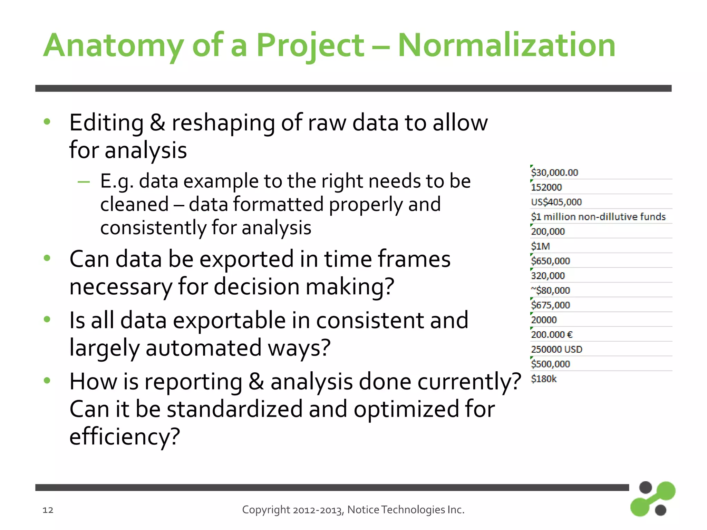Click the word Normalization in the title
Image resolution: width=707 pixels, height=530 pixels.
pyautogui.click(x=506, y=45)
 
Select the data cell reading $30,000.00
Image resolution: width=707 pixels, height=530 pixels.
pyautogui.click(x=554, y=172)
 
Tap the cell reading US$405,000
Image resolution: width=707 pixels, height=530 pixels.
pyautogui.click(x=556, y=202)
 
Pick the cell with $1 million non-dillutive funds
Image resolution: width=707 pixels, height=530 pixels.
pyautogui.click(x=598, y=217)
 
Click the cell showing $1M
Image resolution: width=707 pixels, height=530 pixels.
pyautogui.click(x=540, y=246)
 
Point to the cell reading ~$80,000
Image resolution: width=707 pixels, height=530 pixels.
pyautogui.click(x=550, y=290)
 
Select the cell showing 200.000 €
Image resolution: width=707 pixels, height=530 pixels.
pyautogui.click(x=552, y=334)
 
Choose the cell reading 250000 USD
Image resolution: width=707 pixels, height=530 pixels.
pyautogui.click(x=556, y=349)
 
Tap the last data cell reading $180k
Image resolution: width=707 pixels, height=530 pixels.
pyautogui.click(x=544, y=379)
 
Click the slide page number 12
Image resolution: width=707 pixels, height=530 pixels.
pyautogui.click(x=48, y=510)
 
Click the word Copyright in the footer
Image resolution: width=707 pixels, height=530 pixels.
pyautogui.click(x=266, y=510)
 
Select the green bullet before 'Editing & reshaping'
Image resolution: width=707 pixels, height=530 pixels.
pyautogui.click(x=47, y=121)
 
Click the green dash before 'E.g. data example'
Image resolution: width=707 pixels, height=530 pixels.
pyautogui.click(x=84, y=182)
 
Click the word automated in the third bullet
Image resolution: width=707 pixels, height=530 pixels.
pyautogui.click(x=203, y=348)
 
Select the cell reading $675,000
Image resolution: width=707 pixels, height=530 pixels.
pyautogui.click(x=550, y=305)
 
